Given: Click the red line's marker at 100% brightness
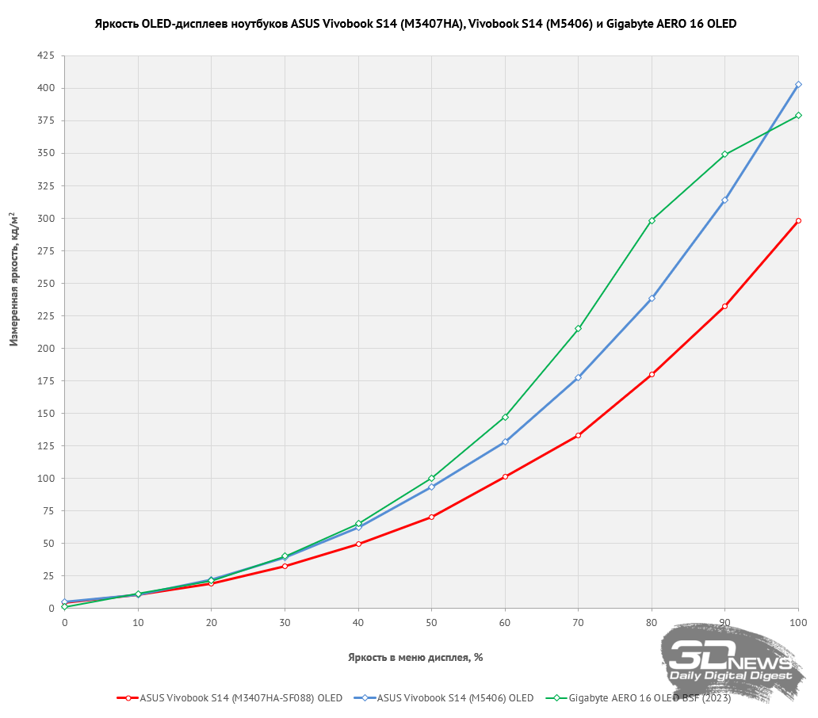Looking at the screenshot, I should (798, 220).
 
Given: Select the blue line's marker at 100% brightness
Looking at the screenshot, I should (798, 84).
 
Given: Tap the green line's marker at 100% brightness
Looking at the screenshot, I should (798, 115).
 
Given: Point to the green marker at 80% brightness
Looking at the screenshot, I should (652, 220).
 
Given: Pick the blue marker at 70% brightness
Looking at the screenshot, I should (578, 377).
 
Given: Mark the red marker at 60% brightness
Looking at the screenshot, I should (505, 476).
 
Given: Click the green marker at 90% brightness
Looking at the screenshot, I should (724, 154).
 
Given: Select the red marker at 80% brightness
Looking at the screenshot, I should (652, 374).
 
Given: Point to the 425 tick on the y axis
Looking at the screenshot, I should (45, 55).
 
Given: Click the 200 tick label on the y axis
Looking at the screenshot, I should (45, 348).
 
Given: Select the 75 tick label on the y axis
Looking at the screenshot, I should (48, 510).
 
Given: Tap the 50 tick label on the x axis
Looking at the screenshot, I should (431, 624).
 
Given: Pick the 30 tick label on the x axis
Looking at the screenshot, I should (285, 624).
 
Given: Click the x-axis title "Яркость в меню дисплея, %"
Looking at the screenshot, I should (415, 657).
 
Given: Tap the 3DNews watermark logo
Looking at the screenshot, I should (729, 663).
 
